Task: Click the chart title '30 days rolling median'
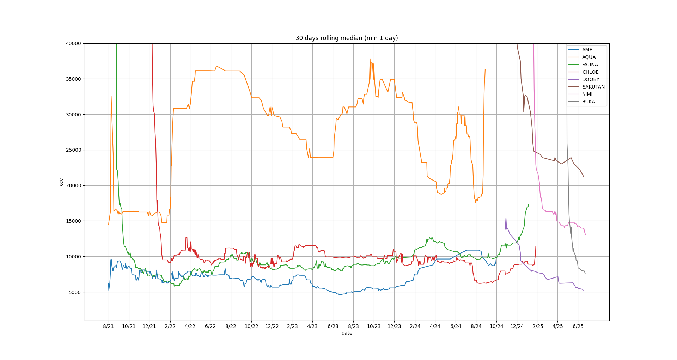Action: pos(347,38)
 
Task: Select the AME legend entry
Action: pos(587,50)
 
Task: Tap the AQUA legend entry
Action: pos(588,57)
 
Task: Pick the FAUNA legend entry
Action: pos(590,65)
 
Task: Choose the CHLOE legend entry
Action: pos(590,72)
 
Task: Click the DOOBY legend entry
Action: pos(590,80)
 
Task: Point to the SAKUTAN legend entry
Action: pos(593,87)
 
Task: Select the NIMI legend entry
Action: pos(587,94)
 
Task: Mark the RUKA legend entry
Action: pos(588,102)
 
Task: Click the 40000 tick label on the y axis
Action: pos(73,43)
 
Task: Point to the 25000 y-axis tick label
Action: pos(73,150)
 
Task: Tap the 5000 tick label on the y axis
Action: pos(75,292)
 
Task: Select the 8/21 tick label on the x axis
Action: pos(108,327)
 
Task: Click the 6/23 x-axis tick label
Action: pos(333,327)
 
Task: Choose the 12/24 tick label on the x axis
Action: pos(517,327)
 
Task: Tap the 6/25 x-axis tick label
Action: pos(578,327)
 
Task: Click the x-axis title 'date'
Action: pos(347,333)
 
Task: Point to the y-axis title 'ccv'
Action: pos(61,182)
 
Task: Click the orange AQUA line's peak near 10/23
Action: pos(370,59)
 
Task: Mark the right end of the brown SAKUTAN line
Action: pos(584,177)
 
